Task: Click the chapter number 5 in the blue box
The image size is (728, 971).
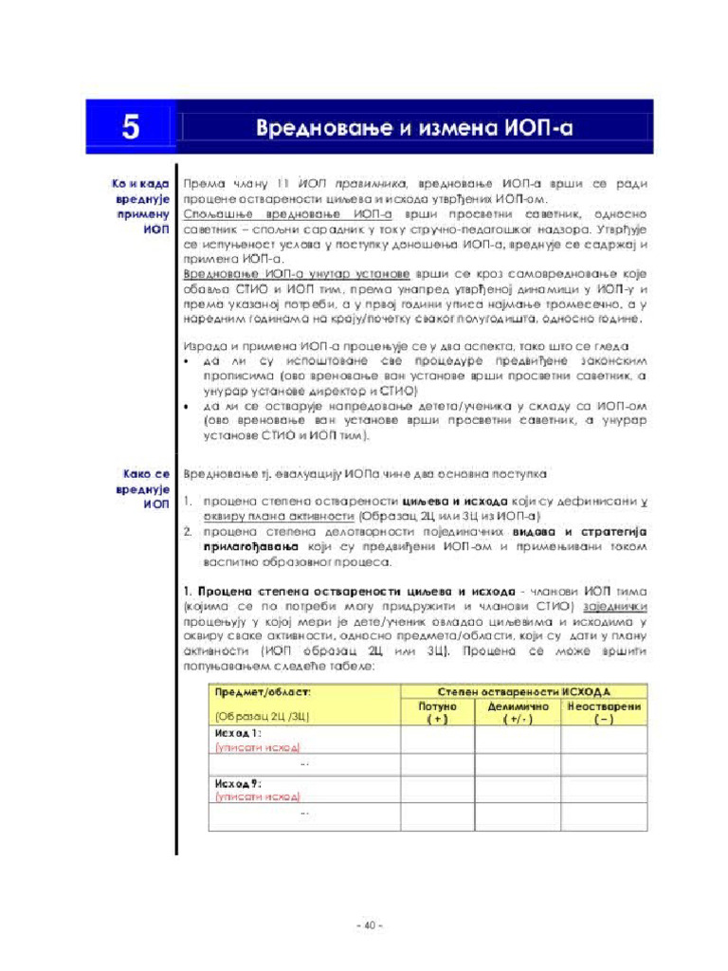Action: click(x=130, y=127)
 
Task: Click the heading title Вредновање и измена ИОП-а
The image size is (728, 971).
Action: click(x=416, y=127)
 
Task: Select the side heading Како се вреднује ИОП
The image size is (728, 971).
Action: click(x=143, y=487)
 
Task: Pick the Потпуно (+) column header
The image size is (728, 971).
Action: click(x=437, y=713)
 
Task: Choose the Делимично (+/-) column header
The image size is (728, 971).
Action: click(x=518, y=713)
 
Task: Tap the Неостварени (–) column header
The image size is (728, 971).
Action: click(x=604, y=713)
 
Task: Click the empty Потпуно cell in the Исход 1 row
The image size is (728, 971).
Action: click(x=437, y=740)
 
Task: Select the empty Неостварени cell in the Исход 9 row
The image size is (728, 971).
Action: click(x=604, y=789)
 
